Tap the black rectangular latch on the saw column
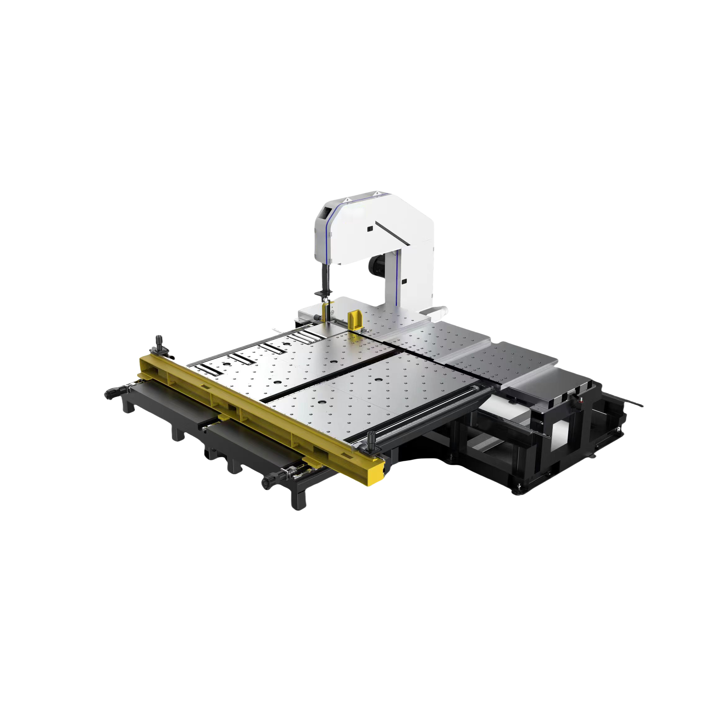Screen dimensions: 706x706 [404, 281]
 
